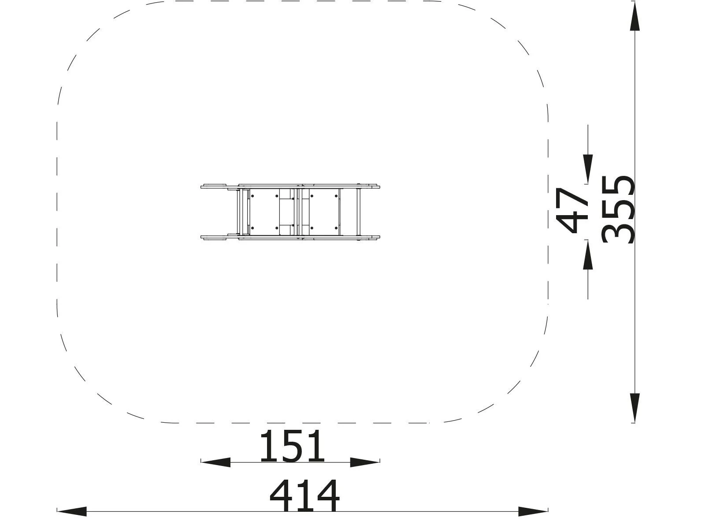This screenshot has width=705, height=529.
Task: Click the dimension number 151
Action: point(292,446)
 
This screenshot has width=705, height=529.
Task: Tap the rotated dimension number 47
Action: point(573,210)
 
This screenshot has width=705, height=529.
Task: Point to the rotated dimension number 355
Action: point(618,209)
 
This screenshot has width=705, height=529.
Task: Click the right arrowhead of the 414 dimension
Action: point(533,511)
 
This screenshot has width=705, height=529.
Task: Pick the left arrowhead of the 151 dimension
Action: point(215,462)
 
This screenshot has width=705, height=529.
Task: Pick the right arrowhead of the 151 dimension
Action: point(364,462)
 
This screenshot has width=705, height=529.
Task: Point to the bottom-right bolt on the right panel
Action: point(336,228)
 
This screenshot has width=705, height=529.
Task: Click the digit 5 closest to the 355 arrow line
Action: point(618,185)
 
